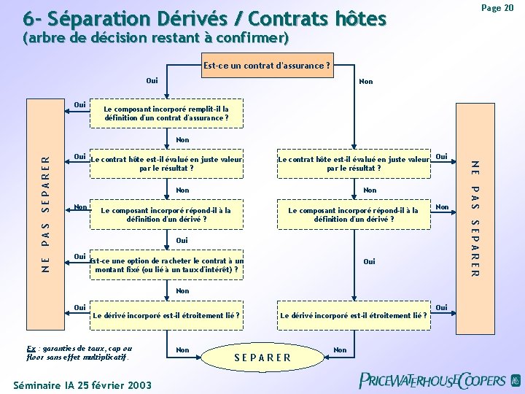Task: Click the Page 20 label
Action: pos(499,7)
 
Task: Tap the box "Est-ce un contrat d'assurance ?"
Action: pos(266,66)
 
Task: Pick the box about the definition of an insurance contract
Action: pos(166,113)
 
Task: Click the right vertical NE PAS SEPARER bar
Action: pos(475,217)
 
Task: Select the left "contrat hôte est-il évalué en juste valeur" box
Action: pos(166,163)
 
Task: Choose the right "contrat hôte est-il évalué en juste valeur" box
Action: pos(353,163)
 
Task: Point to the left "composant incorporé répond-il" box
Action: pos(166,215)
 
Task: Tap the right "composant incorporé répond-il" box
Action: pos(353,215)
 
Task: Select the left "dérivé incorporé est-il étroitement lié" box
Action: pos(166,315)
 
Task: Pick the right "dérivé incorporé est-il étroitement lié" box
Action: pos(354,315)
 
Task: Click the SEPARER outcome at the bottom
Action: pos(262,357)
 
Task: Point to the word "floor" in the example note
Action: pos(36,358)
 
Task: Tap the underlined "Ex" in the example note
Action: pos(30,348)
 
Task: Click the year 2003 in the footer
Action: pos(138,384)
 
